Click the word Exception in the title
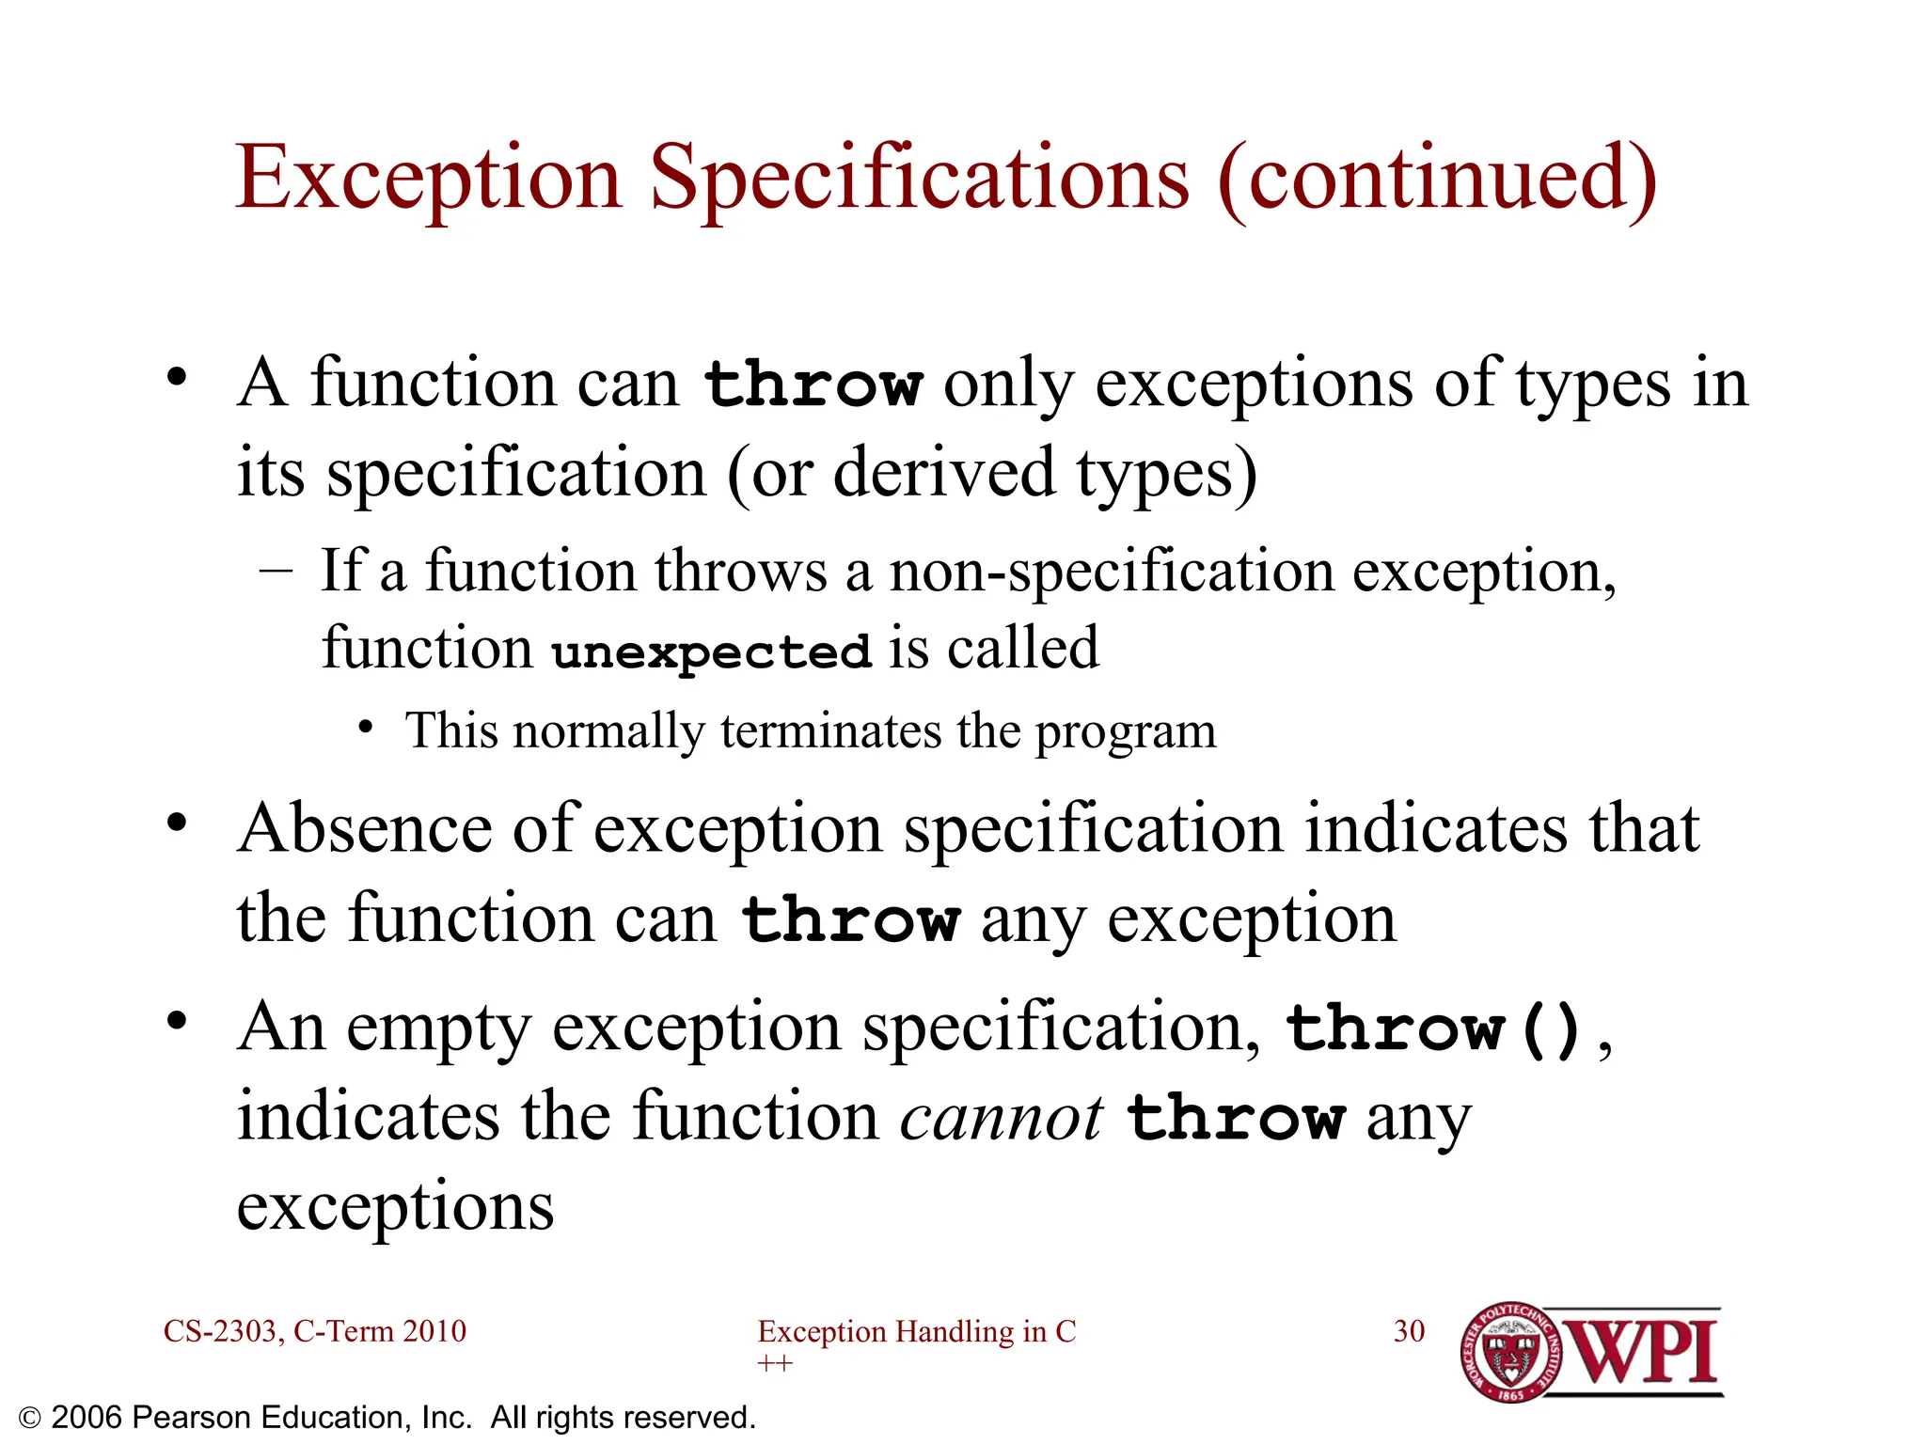428,179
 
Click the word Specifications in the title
920,179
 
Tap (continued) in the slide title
1437,179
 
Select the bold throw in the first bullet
813,385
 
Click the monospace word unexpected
711,651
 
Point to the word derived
944,473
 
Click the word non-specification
1112,572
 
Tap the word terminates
831,731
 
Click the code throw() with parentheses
1434,1028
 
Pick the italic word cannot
1002,1119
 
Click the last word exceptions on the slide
395,1206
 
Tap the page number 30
1409,1331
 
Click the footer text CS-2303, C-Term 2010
314,1331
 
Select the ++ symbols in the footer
774,1363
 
